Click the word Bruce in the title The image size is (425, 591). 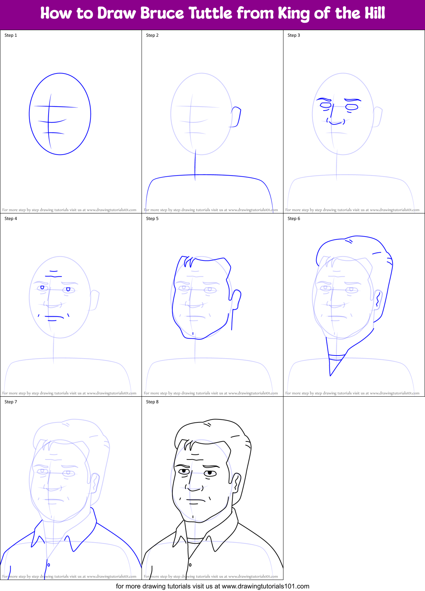coord(162,13)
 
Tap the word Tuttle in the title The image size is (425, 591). coord(211,13)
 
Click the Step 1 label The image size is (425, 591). coord(11,35)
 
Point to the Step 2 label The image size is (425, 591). coord(152,35)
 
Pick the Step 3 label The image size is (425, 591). coord(294,35)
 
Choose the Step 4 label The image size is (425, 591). coord(11,219)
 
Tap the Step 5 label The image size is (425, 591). coord(152,219)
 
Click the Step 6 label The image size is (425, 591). coord(294,219)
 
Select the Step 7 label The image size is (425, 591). coord(11,402)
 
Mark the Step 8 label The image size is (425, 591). coord(152,402)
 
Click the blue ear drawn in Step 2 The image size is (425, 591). coord(236,117)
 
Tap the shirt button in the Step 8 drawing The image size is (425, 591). coord(190,565)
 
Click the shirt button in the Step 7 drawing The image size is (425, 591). coord(49,565)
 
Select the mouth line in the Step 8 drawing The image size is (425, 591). coord(196,500)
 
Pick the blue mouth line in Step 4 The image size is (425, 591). coord(54,316)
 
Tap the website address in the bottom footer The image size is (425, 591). coord(265,586)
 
